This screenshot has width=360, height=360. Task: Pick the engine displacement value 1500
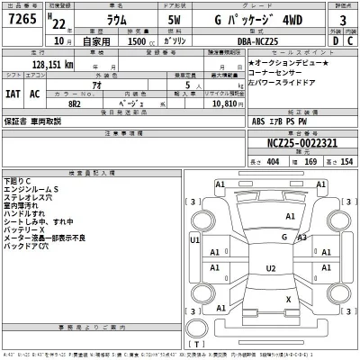130,40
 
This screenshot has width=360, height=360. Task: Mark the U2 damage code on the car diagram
269,267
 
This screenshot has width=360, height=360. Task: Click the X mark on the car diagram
287,298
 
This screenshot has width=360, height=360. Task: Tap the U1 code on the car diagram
195,241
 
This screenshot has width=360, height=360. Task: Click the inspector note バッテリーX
25,229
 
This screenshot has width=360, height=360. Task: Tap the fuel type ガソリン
172,40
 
